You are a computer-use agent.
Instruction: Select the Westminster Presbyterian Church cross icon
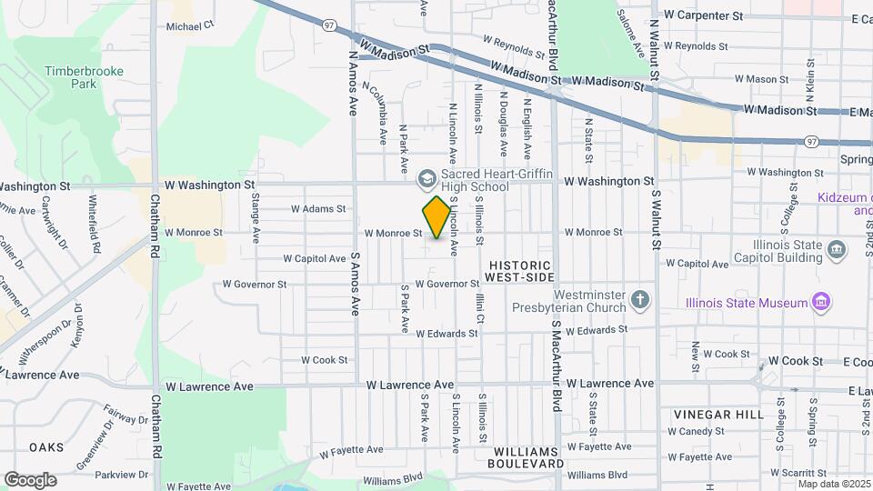(x=641, y=299)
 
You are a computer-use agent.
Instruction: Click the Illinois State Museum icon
(x=821, y=301)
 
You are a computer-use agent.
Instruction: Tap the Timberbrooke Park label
(x=70, y=76)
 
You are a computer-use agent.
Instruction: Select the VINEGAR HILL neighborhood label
(x=718, y=415)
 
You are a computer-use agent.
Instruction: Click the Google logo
(x=30, y=479)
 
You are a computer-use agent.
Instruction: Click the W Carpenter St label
(x=704, y=15)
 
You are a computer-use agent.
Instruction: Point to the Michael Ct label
(x=189, y=27)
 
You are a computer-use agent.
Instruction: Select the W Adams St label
(x=318, y=209)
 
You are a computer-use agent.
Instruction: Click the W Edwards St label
(x=447, y=334)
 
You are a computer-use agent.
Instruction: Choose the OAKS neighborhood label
(x=45, y=447)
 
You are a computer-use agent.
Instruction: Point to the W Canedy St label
(x=706, y=431)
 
